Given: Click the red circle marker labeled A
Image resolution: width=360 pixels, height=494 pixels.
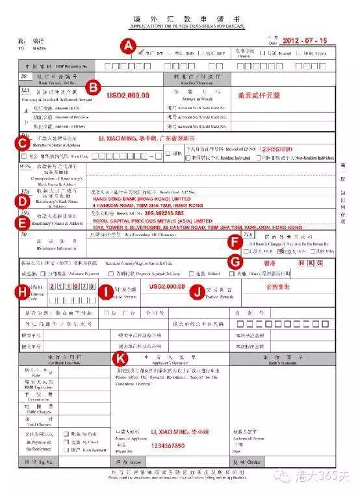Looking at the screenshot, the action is click(129, 45).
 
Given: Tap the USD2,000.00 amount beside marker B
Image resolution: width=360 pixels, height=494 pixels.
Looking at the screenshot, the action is click(128, 96).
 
